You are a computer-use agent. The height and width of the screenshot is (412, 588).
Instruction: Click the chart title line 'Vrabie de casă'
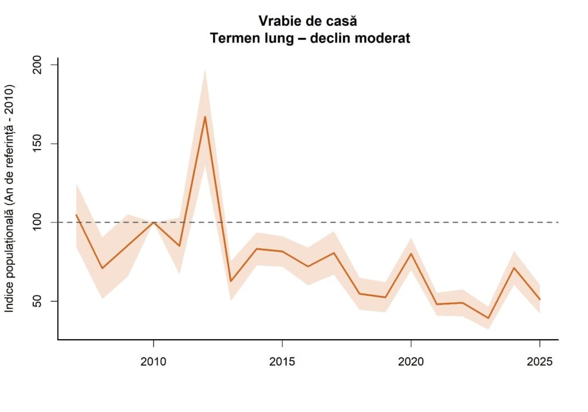[x=308, y=21]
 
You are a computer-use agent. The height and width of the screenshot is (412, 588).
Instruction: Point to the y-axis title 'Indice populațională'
[x=10, y=199]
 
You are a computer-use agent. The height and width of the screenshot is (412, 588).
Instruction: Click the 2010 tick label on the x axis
[x=153, y=362]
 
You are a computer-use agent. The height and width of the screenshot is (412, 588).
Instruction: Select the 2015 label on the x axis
[x=282, y=362]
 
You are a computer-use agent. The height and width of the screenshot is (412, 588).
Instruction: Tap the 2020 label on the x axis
[x=411, y=362]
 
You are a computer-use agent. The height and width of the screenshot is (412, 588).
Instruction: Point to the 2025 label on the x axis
[x=540, y=362]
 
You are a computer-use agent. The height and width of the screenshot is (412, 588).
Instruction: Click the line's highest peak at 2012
[x=205, y=117]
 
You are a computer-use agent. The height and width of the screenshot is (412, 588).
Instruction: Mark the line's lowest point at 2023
[x=488, y=318]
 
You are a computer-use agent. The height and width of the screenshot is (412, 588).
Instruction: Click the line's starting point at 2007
[x=76, y=215]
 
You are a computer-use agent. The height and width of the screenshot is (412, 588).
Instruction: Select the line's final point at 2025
[x=540, y=299]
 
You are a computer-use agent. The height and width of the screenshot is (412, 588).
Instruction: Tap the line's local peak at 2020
[x=411, y=253]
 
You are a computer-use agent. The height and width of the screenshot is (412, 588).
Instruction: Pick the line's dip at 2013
[x=231, y=281]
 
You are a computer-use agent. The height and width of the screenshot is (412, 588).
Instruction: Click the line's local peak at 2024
[x=514, y=268]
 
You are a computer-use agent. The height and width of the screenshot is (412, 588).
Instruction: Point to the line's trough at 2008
[x=102, y=268]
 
